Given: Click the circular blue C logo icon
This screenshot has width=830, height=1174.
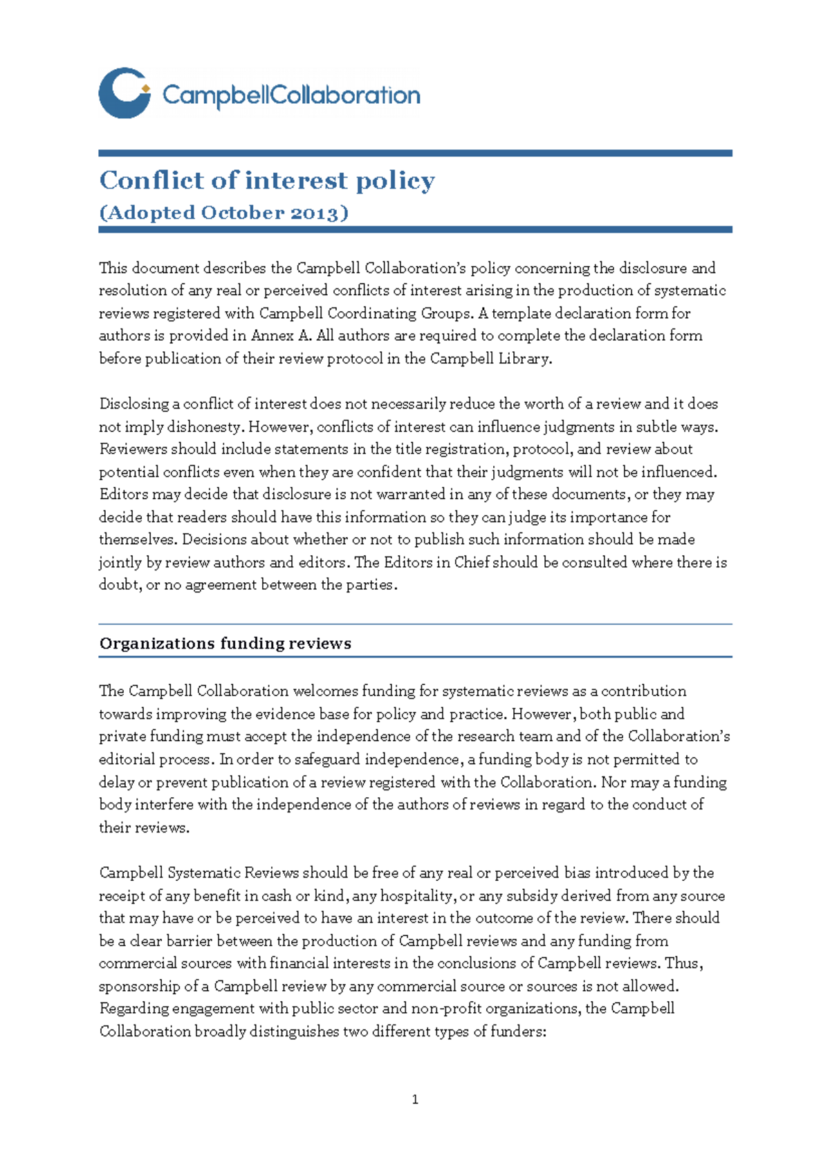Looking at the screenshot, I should (x=124, y=93).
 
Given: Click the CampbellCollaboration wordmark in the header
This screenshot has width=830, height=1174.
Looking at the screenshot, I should (x=290, y=95).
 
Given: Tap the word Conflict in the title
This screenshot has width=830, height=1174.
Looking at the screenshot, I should (x=151, y=180).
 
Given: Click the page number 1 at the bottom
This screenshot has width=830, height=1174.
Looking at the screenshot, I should (x=415, y=1099).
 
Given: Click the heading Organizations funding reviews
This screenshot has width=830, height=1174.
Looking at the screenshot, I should (x=225, y=643).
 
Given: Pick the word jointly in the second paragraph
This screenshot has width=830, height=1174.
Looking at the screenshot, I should (x=120, y=563).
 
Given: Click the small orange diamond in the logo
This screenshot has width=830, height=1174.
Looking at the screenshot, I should (x=145, y=88).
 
